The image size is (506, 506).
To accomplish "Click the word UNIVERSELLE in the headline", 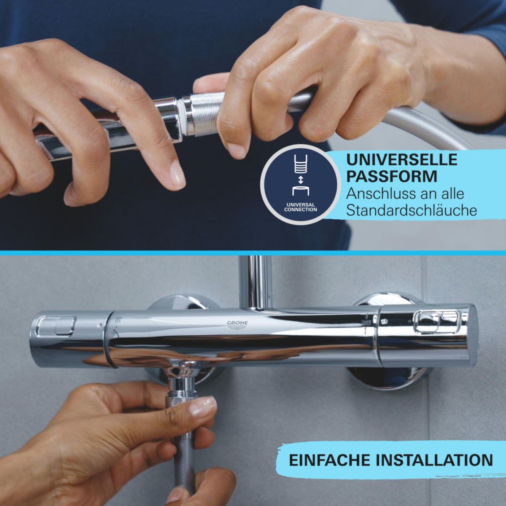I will pyautogui.click(x=401, y=160).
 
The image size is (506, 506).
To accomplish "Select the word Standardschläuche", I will pyautogui.click(x=411, y=210).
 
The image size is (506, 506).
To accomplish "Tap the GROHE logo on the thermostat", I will pyautogui.click(x=238, y=324).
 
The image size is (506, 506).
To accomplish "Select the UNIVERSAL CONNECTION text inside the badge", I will pyautogui.click(x=300, y=207).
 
